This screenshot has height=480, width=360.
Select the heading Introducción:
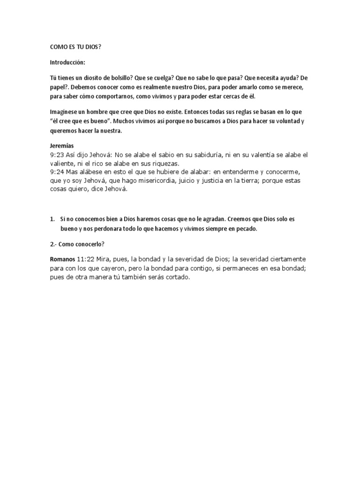(68, 62)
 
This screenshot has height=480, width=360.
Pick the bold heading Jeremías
(61, 146)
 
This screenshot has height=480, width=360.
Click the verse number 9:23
(58, 155)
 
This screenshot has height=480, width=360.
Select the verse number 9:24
(58, 172)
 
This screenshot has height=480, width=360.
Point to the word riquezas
(165, 164)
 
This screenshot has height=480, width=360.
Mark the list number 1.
(52, 219)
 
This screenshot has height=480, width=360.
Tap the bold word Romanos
(63, 259)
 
